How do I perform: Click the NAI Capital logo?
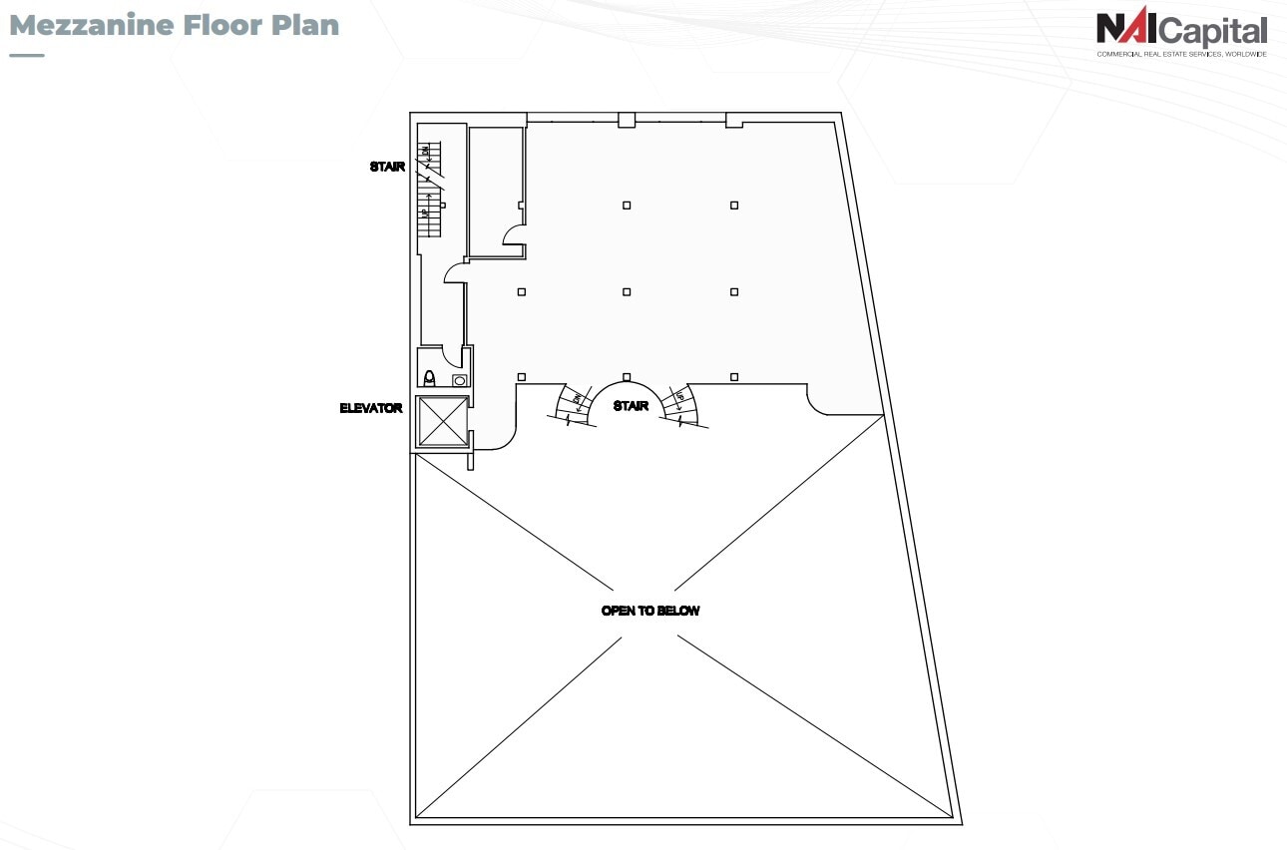1181,30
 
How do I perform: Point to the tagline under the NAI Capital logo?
1181,54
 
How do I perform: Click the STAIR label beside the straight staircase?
387,167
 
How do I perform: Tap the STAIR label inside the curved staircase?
631,406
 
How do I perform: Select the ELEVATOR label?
370,408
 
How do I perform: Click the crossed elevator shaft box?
443,422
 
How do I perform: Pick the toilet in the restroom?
430,378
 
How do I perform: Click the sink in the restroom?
460,380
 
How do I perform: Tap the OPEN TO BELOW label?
650,611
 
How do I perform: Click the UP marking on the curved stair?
680,397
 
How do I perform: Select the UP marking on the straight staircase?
425,212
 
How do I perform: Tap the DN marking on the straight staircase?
426,153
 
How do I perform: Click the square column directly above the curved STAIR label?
627,376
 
